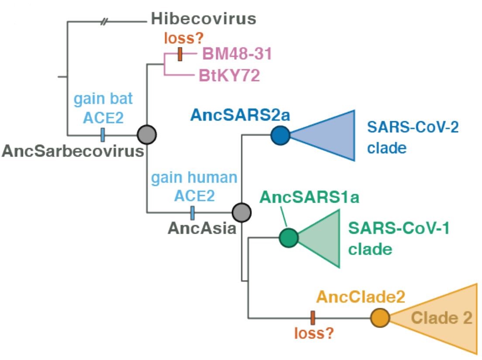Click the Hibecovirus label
coord(203,19)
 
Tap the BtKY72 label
coord(229,75)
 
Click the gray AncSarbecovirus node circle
coord(146,135)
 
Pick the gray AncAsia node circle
coord(241,213)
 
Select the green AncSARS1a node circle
coord(289,237)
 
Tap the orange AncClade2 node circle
coord(380,318)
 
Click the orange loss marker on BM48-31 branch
coord(180,55)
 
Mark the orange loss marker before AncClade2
coord(313,318)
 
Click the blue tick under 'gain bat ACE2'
coord(103,135)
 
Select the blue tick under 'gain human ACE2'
coord(193,213)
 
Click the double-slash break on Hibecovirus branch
coord(104,21)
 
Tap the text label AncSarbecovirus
coord(73,151)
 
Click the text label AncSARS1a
coord(309,197)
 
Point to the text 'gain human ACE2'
coord(194,187)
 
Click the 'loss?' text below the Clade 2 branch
coord(313,334)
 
